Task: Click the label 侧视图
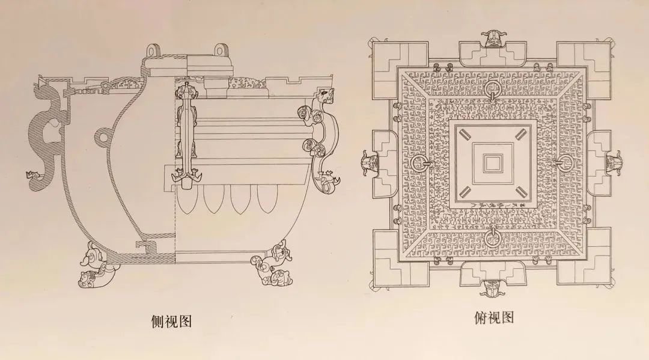(x=171, y=321)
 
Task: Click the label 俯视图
(x=494, y=317)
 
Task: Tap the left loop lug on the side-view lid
(x=153, y=51)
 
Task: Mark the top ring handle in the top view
(x=493, y=90)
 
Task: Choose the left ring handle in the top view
(x=419, y=163)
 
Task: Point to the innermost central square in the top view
(x=493, y=163)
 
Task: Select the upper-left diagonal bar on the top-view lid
(x=465, y=134)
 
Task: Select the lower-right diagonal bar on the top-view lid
(x=520, y=192)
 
